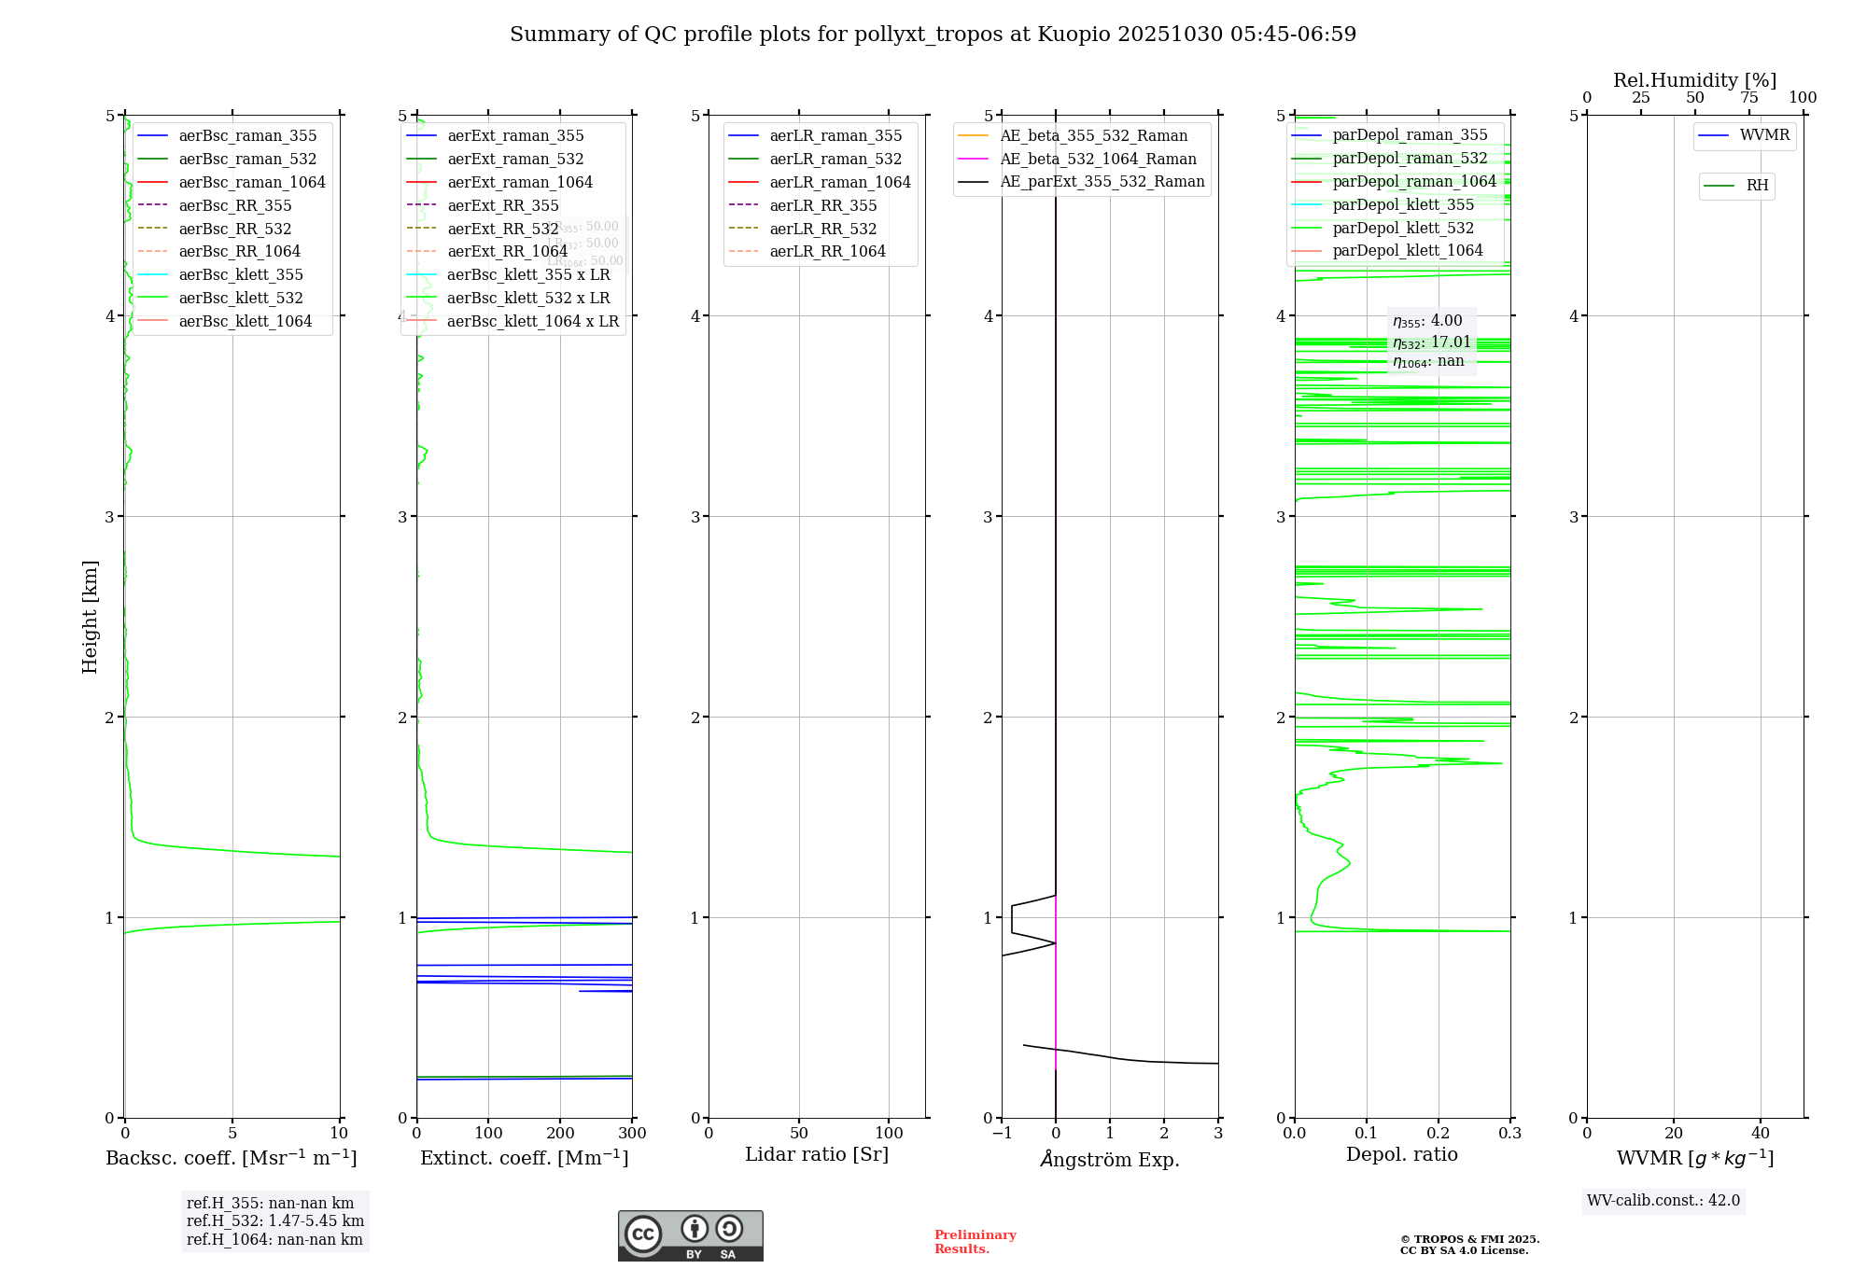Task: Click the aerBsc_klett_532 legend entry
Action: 240,298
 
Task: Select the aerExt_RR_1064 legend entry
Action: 507,251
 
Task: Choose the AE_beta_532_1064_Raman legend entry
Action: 1098,159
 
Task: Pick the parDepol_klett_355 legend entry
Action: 1403,204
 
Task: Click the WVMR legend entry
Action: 1763,135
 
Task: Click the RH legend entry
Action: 1757,186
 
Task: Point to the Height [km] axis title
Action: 90,617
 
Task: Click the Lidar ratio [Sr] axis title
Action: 817,1154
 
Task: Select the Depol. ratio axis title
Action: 1401,1154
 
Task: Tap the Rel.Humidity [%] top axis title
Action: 1694,80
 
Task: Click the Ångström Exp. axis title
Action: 1110,1159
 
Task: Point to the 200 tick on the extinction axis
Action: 560,1133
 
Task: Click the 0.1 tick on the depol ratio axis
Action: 1367,1133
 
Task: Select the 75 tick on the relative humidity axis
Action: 1749,98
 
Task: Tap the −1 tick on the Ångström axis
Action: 1002,1133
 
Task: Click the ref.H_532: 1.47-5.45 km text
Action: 275,1220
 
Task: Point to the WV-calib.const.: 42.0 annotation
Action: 1663,1200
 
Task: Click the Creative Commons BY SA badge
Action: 690,1235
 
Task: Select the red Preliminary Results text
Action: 975,1241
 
